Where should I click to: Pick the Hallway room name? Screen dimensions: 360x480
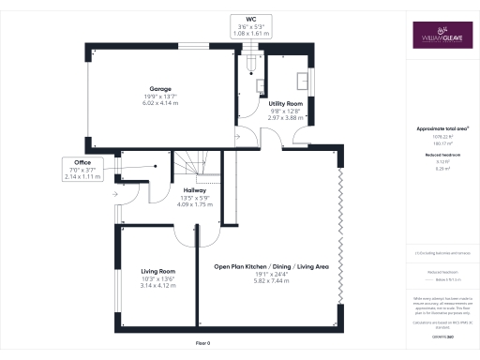point(195,190)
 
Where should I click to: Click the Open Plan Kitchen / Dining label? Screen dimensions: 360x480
point(271,267)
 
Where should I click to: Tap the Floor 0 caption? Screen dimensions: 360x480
point(202,343)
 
